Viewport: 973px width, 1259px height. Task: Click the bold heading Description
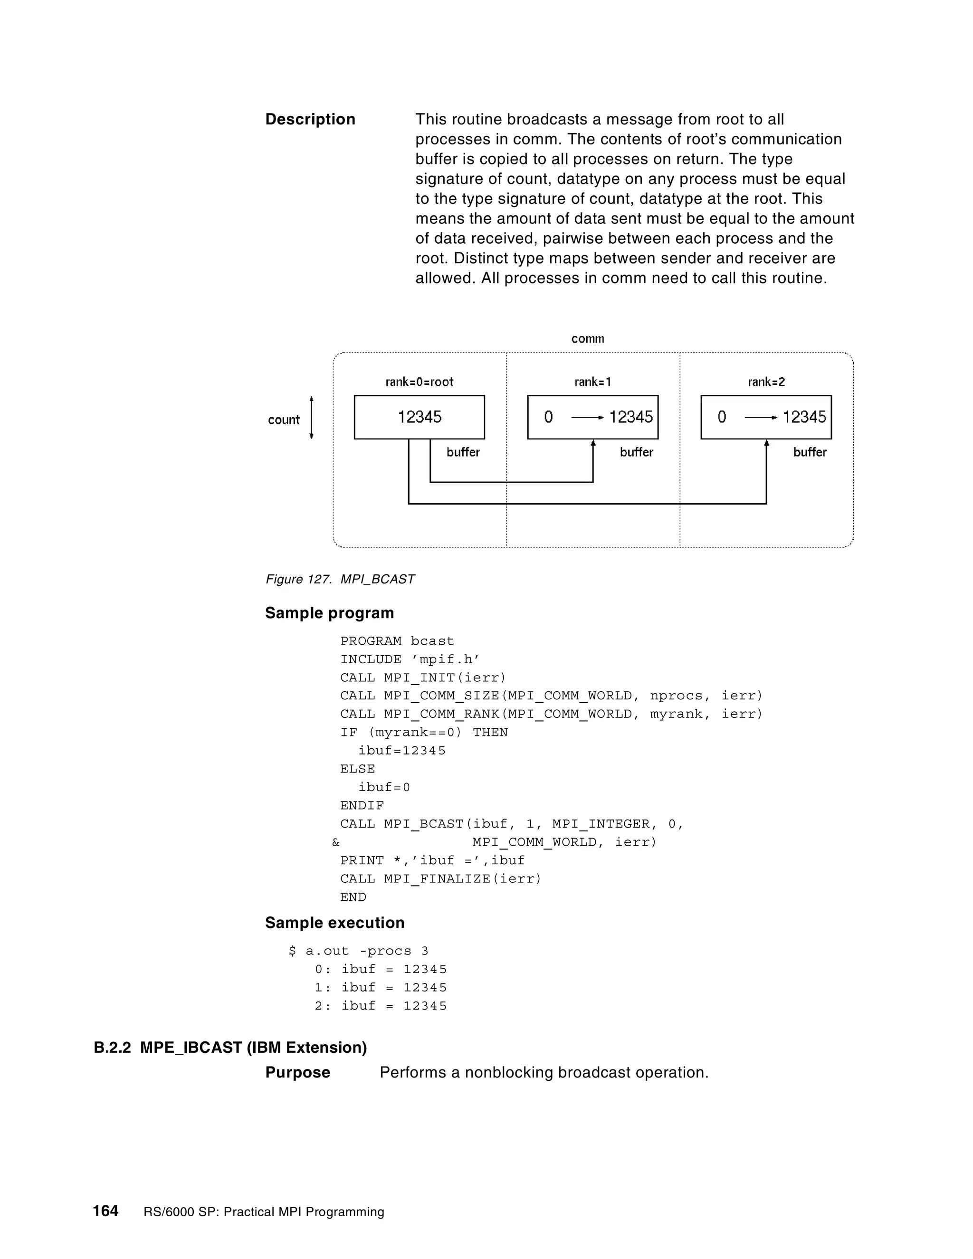point(310,119)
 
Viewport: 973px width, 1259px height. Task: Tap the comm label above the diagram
point(587,338)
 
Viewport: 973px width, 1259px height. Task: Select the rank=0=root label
point(419,382)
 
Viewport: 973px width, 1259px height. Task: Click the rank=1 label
point(592,382)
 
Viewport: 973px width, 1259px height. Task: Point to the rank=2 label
point(766,382)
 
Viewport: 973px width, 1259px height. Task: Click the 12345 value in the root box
point(420,417)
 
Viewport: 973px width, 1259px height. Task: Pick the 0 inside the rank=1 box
point(548,417)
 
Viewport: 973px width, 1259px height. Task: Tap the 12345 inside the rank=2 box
point(804,417)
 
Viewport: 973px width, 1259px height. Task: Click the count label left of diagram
point(284,420)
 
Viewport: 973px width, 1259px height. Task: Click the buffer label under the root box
point(463,452)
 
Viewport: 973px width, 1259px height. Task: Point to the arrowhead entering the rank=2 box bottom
point(766,443)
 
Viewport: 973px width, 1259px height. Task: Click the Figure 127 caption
point(340,579)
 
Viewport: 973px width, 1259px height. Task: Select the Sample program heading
point(329,613)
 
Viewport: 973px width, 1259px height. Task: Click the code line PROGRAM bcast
point(397,641)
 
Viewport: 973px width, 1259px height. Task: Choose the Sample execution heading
point(334,923)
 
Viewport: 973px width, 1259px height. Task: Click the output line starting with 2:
point(381,1006)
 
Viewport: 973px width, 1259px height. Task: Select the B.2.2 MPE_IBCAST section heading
point(230,1048)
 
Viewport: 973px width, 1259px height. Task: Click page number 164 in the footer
point(105,1211)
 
